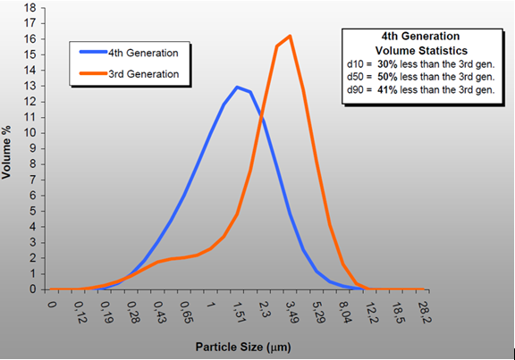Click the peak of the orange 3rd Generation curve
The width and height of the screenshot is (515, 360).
[x=290, y=37]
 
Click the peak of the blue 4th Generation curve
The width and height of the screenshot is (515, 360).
[x=236, y=88]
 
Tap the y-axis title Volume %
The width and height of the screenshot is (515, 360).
[x=8, y=147]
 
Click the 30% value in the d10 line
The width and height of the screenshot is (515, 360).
[x=388, y=64]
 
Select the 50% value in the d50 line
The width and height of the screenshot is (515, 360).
[x=388, y=77]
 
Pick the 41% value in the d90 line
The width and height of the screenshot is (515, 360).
[x=388, y=89]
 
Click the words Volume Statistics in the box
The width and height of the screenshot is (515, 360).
[x=418, y=50]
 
